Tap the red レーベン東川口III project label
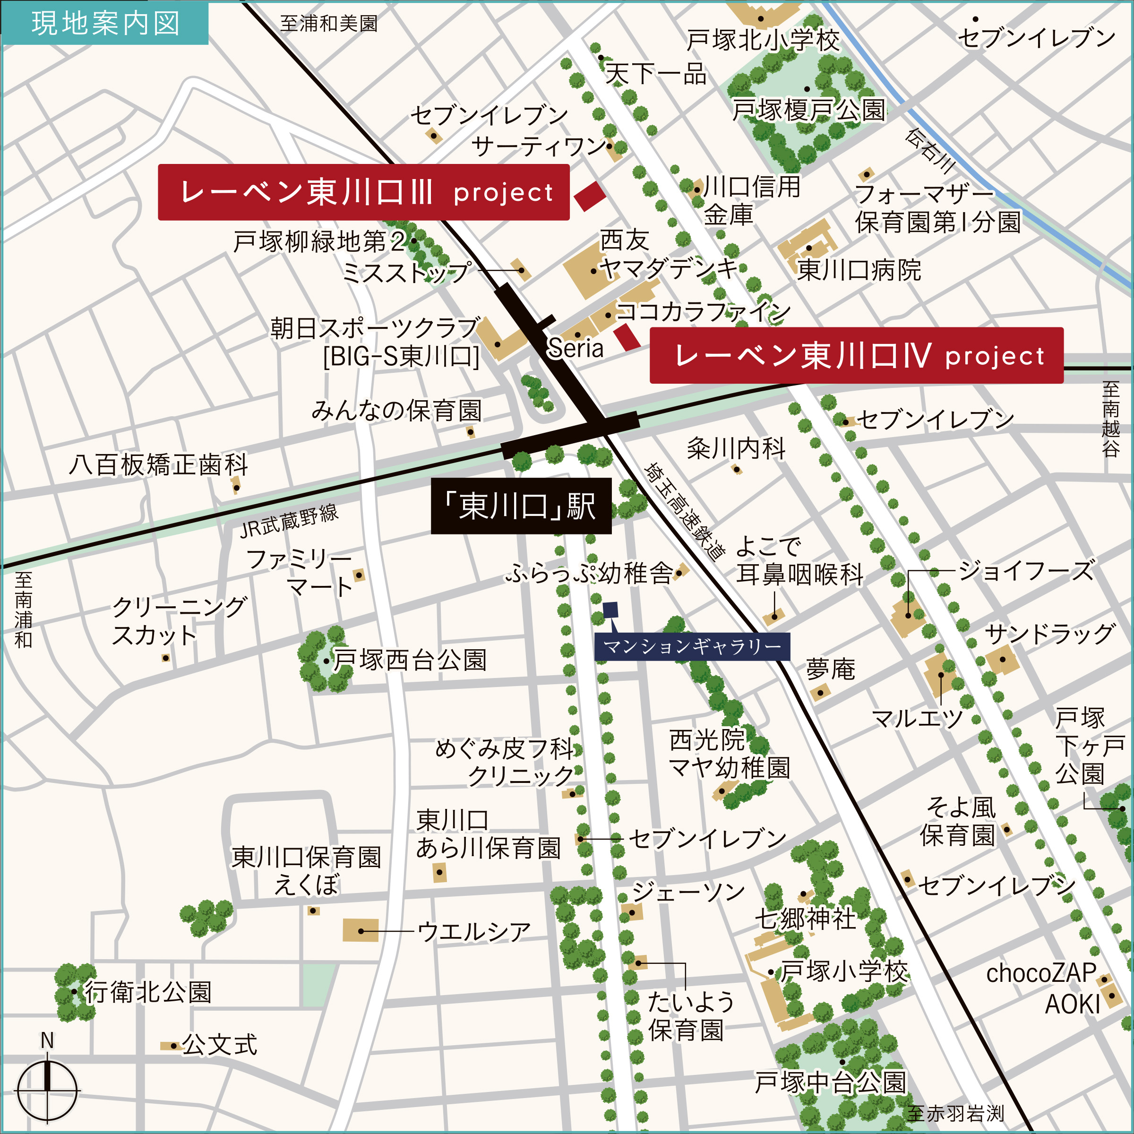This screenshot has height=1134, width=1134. pyautogui.click(x=363, y=192)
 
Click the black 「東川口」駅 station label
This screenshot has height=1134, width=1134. pyautogui.click(x=521, y=506)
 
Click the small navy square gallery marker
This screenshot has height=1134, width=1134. pyautogui.click(x=610, y=610)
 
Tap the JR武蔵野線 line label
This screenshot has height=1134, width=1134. pyautogui.click(x=289, y=521)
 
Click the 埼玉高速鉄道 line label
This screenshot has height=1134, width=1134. pyautogui.click(x=684, y=511)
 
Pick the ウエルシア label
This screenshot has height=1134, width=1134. pyautogui.click(x=473, y=931)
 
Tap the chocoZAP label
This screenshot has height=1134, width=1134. pyautogui.click(x=1040, y=973)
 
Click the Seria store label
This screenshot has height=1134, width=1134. pyautogui.click(x=575, y=349)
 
